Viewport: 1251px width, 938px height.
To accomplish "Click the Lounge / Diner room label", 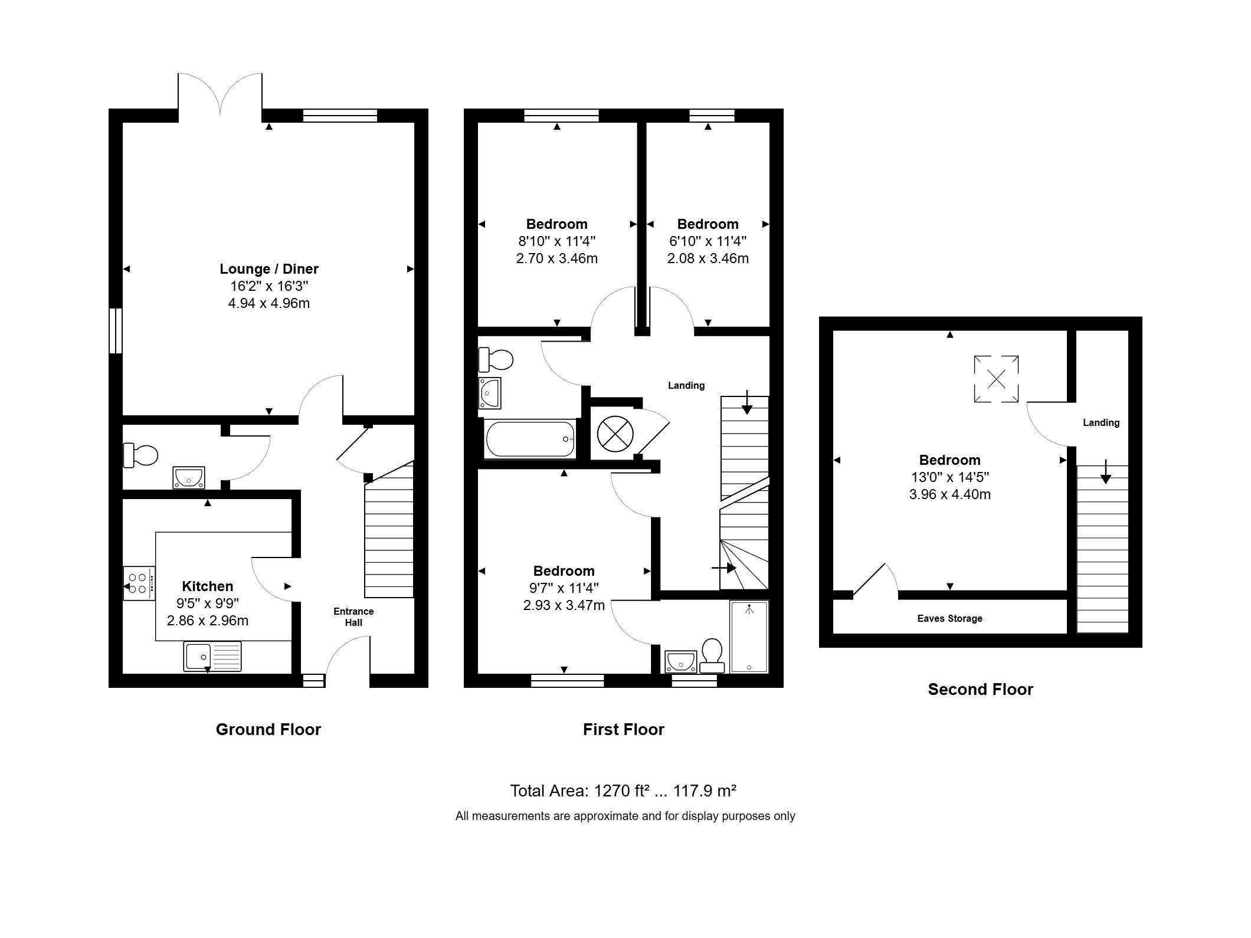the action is click(269, 269).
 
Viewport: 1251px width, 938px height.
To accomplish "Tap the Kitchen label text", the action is click(208, 586).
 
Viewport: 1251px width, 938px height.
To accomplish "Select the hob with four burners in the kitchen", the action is click(139, 583).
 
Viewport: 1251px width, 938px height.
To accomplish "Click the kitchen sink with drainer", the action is click(212, 656).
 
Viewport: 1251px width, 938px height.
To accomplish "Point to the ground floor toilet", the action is click(141, 455).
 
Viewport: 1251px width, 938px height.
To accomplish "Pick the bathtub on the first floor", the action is click(530, 439).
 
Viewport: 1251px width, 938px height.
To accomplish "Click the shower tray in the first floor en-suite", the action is click(749, 637).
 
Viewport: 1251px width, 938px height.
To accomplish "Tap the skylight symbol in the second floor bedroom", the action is click(996, 379).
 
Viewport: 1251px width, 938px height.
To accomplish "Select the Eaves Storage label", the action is click(950, 618).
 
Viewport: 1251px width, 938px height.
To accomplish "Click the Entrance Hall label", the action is click(353, 617).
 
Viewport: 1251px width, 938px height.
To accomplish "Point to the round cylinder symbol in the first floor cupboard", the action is click(615, 434).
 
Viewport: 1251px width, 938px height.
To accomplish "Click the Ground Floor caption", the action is click(268, 730).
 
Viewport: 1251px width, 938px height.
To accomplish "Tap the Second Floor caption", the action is click(981, 690).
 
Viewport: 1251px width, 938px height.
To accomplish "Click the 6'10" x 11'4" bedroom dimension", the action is click(708, 241).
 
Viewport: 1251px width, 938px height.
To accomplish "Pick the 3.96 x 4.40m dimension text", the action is click(950, 494).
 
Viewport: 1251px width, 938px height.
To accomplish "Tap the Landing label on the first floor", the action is click(686, 386).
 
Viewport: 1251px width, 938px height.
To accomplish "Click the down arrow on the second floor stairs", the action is click(1105, 471).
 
